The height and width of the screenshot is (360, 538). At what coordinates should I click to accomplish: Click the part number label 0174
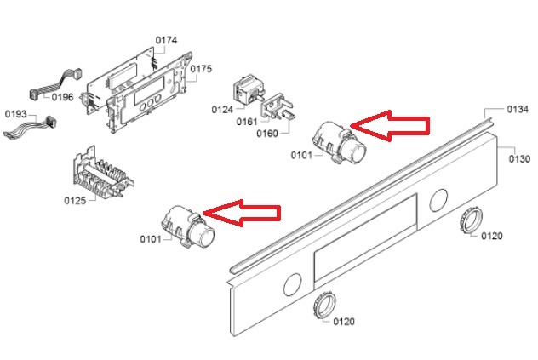[166, 41]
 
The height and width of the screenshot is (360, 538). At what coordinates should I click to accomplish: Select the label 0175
[201, 69]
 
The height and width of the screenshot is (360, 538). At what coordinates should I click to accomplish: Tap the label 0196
[62, 98]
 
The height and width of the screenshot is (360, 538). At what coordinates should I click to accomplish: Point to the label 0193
[16, 114]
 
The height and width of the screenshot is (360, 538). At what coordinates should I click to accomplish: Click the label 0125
[75, 200]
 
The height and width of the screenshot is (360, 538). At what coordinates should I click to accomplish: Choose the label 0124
[222, 110]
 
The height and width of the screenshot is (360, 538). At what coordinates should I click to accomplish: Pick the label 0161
[247, 122]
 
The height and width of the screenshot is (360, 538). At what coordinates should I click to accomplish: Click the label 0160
[267, 133]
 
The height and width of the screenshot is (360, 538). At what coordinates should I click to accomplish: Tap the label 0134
[518, 110]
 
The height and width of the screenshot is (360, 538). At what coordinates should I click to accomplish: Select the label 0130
[519, 159]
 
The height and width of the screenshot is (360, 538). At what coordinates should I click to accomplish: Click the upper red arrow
[390, 126]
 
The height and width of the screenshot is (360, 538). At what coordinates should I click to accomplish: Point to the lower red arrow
[242, 213]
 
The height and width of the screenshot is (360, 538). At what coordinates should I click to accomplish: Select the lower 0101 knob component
[188, 226]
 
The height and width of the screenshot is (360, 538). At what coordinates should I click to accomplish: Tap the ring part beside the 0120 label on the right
[471, 220]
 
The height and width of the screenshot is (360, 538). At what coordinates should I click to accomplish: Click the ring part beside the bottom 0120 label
[324, 306]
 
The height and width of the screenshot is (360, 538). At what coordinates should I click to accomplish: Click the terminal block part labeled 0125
[103, 175]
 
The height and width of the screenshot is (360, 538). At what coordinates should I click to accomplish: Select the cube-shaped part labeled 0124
[248, 89]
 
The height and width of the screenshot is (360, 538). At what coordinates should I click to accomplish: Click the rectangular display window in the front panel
[365, 237]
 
